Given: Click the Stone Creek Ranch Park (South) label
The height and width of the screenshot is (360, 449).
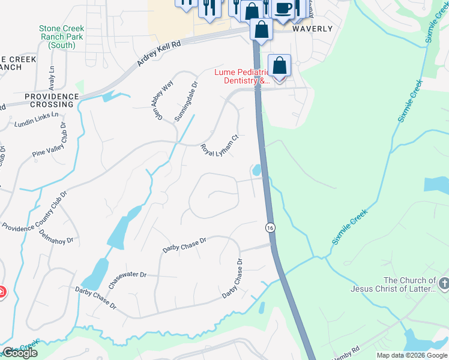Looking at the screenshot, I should coord(61,37).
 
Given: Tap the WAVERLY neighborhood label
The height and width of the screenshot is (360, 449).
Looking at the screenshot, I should coord(312,29).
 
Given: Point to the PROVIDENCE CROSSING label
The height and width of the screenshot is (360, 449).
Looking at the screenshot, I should coord(52,100).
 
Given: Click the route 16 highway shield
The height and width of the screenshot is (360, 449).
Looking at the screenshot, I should coord(270,227).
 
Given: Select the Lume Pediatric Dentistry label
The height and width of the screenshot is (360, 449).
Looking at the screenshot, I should coord(244,76).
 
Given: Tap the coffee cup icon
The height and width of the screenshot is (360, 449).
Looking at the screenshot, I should coord(283,8).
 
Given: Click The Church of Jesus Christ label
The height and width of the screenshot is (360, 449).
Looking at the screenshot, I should coord(410,285).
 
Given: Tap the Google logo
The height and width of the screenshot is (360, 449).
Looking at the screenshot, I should coord(19,353).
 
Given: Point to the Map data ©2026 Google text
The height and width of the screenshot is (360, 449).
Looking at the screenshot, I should coord(412,355).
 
